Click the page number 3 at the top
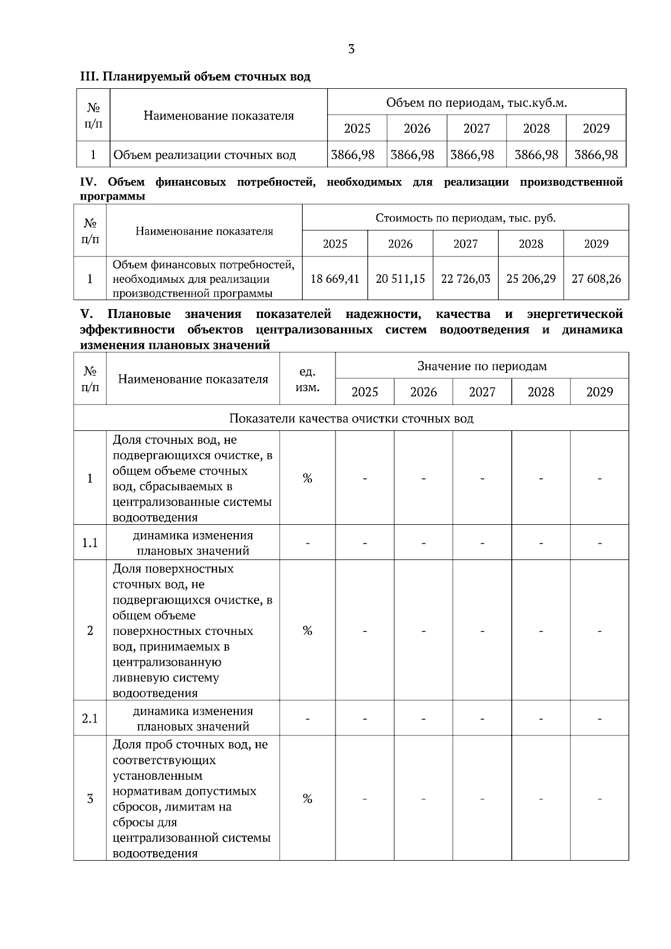351,49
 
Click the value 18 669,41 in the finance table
334,278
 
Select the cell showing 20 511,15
400,278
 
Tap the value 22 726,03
465,278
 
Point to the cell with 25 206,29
531,278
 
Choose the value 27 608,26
596,278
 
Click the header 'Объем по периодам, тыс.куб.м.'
476,103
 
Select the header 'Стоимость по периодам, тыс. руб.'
465,218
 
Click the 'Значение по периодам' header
482,366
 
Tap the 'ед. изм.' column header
307,379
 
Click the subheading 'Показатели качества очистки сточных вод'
351,419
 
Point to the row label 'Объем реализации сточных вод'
205,155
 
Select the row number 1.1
90,543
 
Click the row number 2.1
90,719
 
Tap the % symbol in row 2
307,631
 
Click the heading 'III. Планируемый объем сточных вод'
195,77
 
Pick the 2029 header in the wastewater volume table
596,129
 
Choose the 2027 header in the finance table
465,244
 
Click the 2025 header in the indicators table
365,392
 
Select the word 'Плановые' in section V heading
139,314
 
